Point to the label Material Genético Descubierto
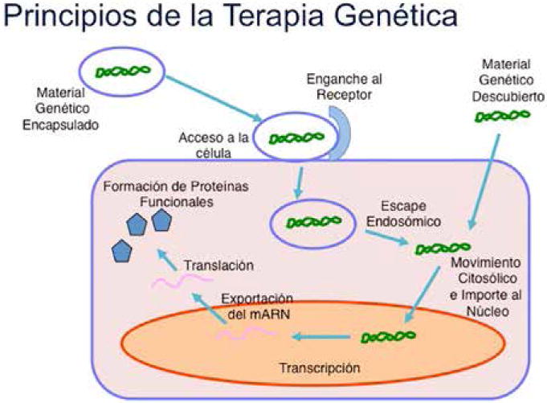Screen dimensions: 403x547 [x=502, y=79]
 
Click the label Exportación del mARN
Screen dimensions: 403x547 [x=257, y=305]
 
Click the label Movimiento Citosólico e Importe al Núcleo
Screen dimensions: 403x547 [x=484, y=287]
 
